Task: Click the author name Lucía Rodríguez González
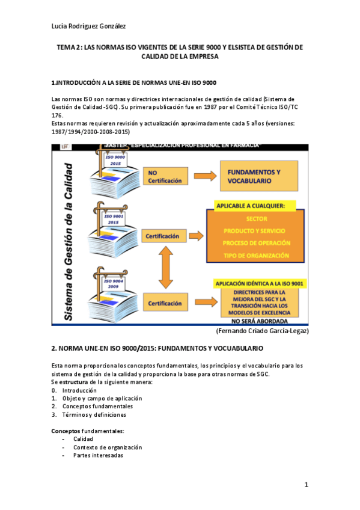pos(88,25)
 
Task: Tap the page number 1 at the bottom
pos(306,485)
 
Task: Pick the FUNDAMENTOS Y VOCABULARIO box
pos(258,176)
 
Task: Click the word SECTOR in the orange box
pos(257,219)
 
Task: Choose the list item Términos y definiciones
pos(94,414)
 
